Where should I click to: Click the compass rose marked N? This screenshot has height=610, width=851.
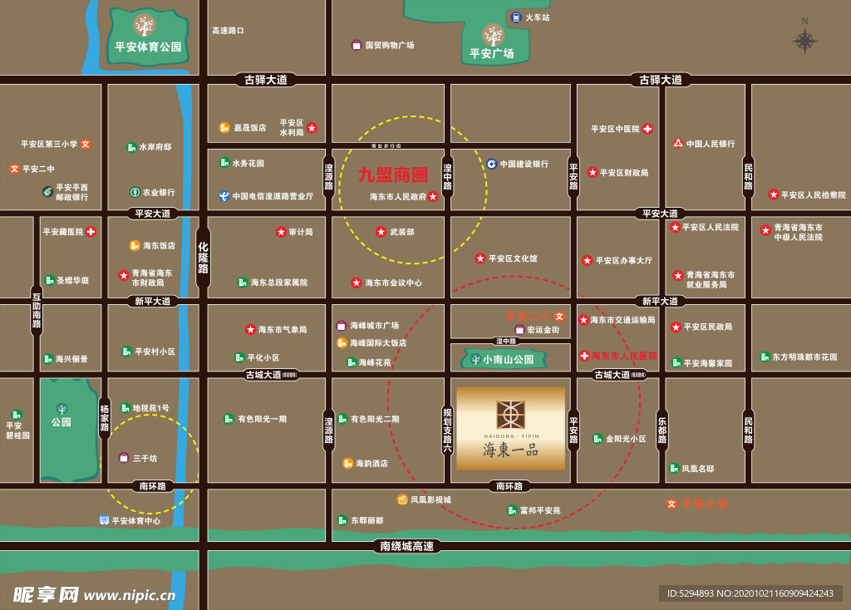tap(804, 40)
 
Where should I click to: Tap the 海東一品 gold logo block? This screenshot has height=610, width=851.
tap(510, 427)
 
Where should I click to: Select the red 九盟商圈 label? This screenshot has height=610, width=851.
tap(393, 175)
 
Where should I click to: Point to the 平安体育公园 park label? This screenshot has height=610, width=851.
tap(149, 47)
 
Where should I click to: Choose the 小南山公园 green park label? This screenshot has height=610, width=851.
tap(503, 360)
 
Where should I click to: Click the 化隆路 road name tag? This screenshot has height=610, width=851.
tap(203, 258)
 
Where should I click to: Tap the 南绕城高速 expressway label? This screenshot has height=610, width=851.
tap(408, 546)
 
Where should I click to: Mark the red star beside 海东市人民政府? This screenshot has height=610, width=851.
tap(433, 197)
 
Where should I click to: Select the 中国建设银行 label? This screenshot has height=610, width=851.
tap(524, 164)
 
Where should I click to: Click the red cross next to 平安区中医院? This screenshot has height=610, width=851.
tap(647, 129)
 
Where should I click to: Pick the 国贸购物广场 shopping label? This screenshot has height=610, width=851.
tap(389, 46)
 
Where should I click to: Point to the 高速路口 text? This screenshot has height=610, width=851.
tap(228, 31)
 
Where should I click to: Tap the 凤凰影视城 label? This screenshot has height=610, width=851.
tap(430, 499)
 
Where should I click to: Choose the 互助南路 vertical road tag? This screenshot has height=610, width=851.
tap(37, 310)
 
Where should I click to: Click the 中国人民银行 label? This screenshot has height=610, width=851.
tap(711, 144)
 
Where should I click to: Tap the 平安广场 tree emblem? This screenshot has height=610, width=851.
tap(493, 35)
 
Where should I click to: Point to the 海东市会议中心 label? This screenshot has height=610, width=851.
tap(393, 283)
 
